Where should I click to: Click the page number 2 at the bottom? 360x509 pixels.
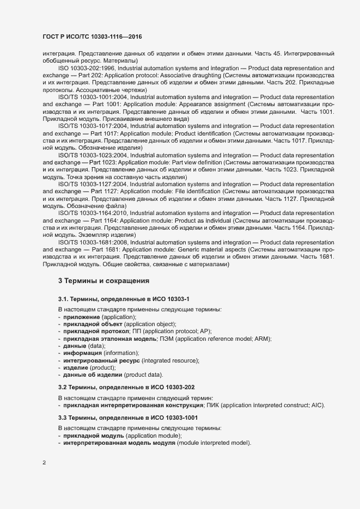pyautogui.click(x=44, y=463)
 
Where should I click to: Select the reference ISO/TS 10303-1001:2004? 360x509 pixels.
pyautogui.click(x=92, y=96)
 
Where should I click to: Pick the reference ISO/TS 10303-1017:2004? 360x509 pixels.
pyautogui.click(x=92, y=126)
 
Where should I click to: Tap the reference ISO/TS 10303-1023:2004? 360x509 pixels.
pyautogui.click(x=92, y=155)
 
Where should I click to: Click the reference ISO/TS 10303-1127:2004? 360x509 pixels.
pyautogui.click(x=92, y=184)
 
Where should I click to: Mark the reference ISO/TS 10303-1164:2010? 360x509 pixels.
pyautogui.click(x=92, y=213)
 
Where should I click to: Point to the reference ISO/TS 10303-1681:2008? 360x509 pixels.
pyautogui.click(x=92, y=242)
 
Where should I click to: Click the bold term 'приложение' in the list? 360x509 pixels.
pyautogui.click(x=81, y=317)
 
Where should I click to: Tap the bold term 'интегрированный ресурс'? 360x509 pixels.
pyautogui.click(x=101, y=361)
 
